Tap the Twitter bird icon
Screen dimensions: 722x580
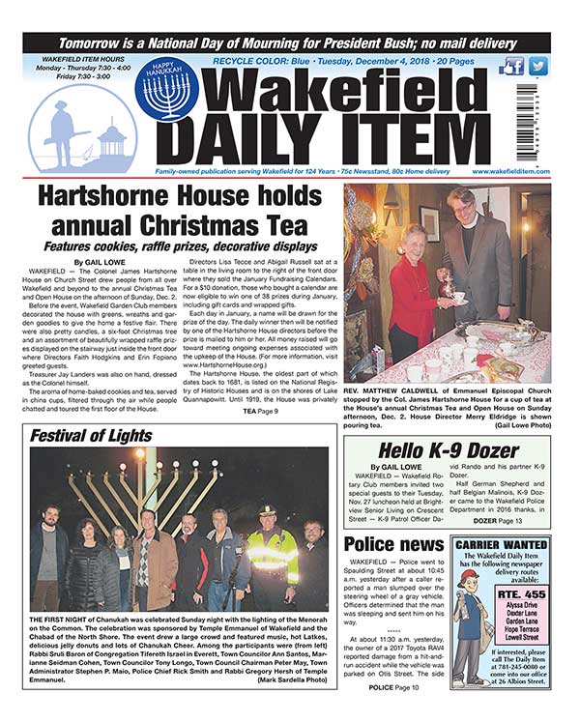[x=538, y=67]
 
